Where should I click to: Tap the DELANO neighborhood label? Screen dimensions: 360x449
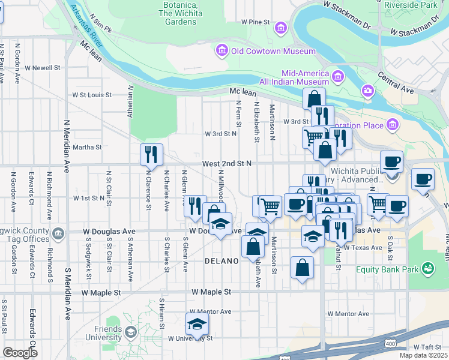(222, 261)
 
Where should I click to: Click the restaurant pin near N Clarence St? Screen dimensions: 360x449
(151, 154)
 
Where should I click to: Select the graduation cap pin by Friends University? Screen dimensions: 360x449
(196, 324)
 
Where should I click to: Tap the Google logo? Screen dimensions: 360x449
(20, 352)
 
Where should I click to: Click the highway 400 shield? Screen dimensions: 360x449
(391, 341)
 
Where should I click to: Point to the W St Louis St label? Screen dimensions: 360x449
(92, 95)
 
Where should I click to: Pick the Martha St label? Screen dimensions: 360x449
(88, 146)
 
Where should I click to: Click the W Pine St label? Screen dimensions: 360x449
(256, 22)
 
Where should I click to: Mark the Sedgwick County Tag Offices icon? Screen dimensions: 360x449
(58, 233)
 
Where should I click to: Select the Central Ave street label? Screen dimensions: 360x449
(396, 83)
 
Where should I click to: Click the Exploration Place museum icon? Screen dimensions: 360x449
(393, 125)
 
